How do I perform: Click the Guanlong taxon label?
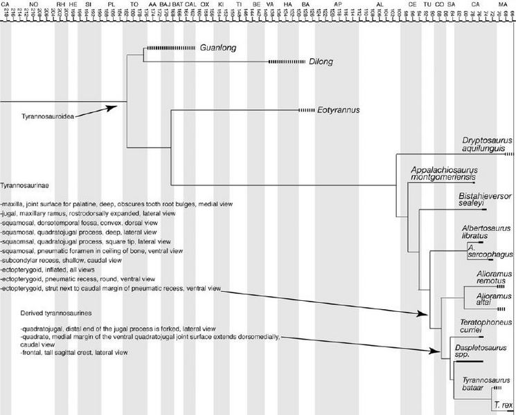click(x=216, y=48)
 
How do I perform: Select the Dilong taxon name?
click(x=322, y=62)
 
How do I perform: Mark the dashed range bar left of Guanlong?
click(x=170, y=48)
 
